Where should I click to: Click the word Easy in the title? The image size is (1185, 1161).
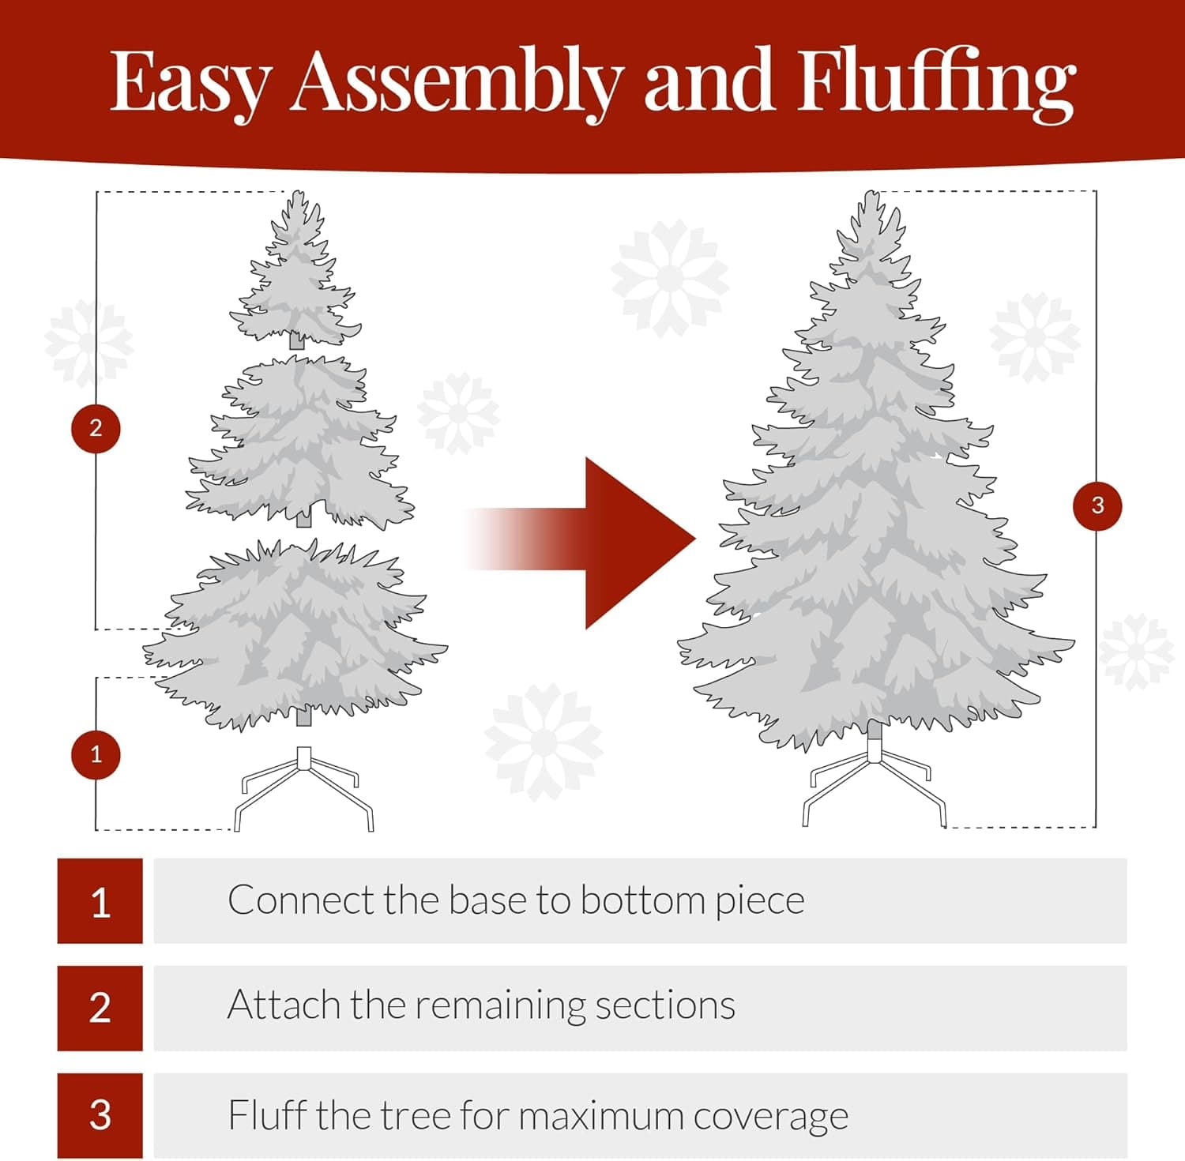tap(190, 83)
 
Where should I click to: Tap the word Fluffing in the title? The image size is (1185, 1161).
tap(935, 83)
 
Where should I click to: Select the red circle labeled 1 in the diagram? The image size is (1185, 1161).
tap(96, 754)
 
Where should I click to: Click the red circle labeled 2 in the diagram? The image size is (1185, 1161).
tap(96, 428)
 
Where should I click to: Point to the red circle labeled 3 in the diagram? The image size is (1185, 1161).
tap(1097, 505)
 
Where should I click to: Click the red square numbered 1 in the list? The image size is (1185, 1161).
tap(100, 901)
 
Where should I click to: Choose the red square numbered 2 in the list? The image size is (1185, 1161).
tap(100, 1008)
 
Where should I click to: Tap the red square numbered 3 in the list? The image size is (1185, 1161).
tap(100, 1115)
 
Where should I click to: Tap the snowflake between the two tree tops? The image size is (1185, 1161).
tap(670, 276)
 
